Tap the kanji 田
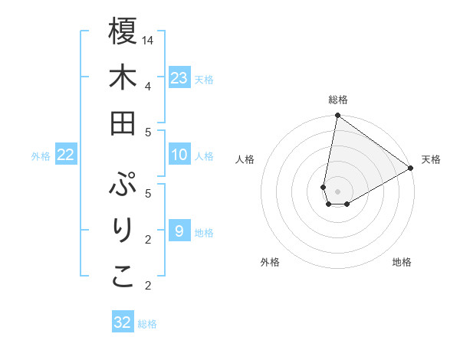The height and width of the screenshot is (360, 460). [123, 122]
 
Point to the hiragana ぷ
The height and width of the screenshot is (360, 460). [123, 185]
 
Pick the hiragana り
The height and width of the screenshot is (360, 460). [123, 231]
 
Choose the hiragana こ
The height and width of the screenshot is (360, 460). [123, 277]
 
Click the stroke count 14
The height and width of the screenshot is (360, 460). [148, 40]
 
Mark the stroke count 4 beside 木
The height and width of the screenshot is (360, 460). [147, 86]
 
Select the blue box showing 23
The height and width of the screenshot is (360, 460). [179, 77]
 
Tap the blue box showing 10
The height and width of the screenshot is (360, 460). [179, 155]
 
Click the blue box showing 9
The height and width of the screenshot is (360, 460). [179, 231]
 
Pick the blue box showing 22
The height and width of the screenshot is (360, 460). [66, 155]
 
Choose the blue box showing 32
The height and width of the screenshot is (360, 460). [123, 322]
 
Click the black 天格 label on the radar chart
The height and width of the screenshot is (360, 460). [431, 159]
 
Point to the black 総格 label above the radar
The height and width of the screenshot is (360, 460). [337, 100]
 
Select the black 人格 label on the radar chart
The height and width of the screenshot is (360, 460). [245, 159]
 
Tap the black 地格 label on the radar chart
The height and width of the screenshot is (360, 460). [402, 262]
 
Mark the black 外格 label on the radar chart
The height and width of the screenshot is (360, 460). [270, 262]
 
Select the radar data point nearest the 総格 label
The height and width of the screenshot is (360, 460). [337, 116]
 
